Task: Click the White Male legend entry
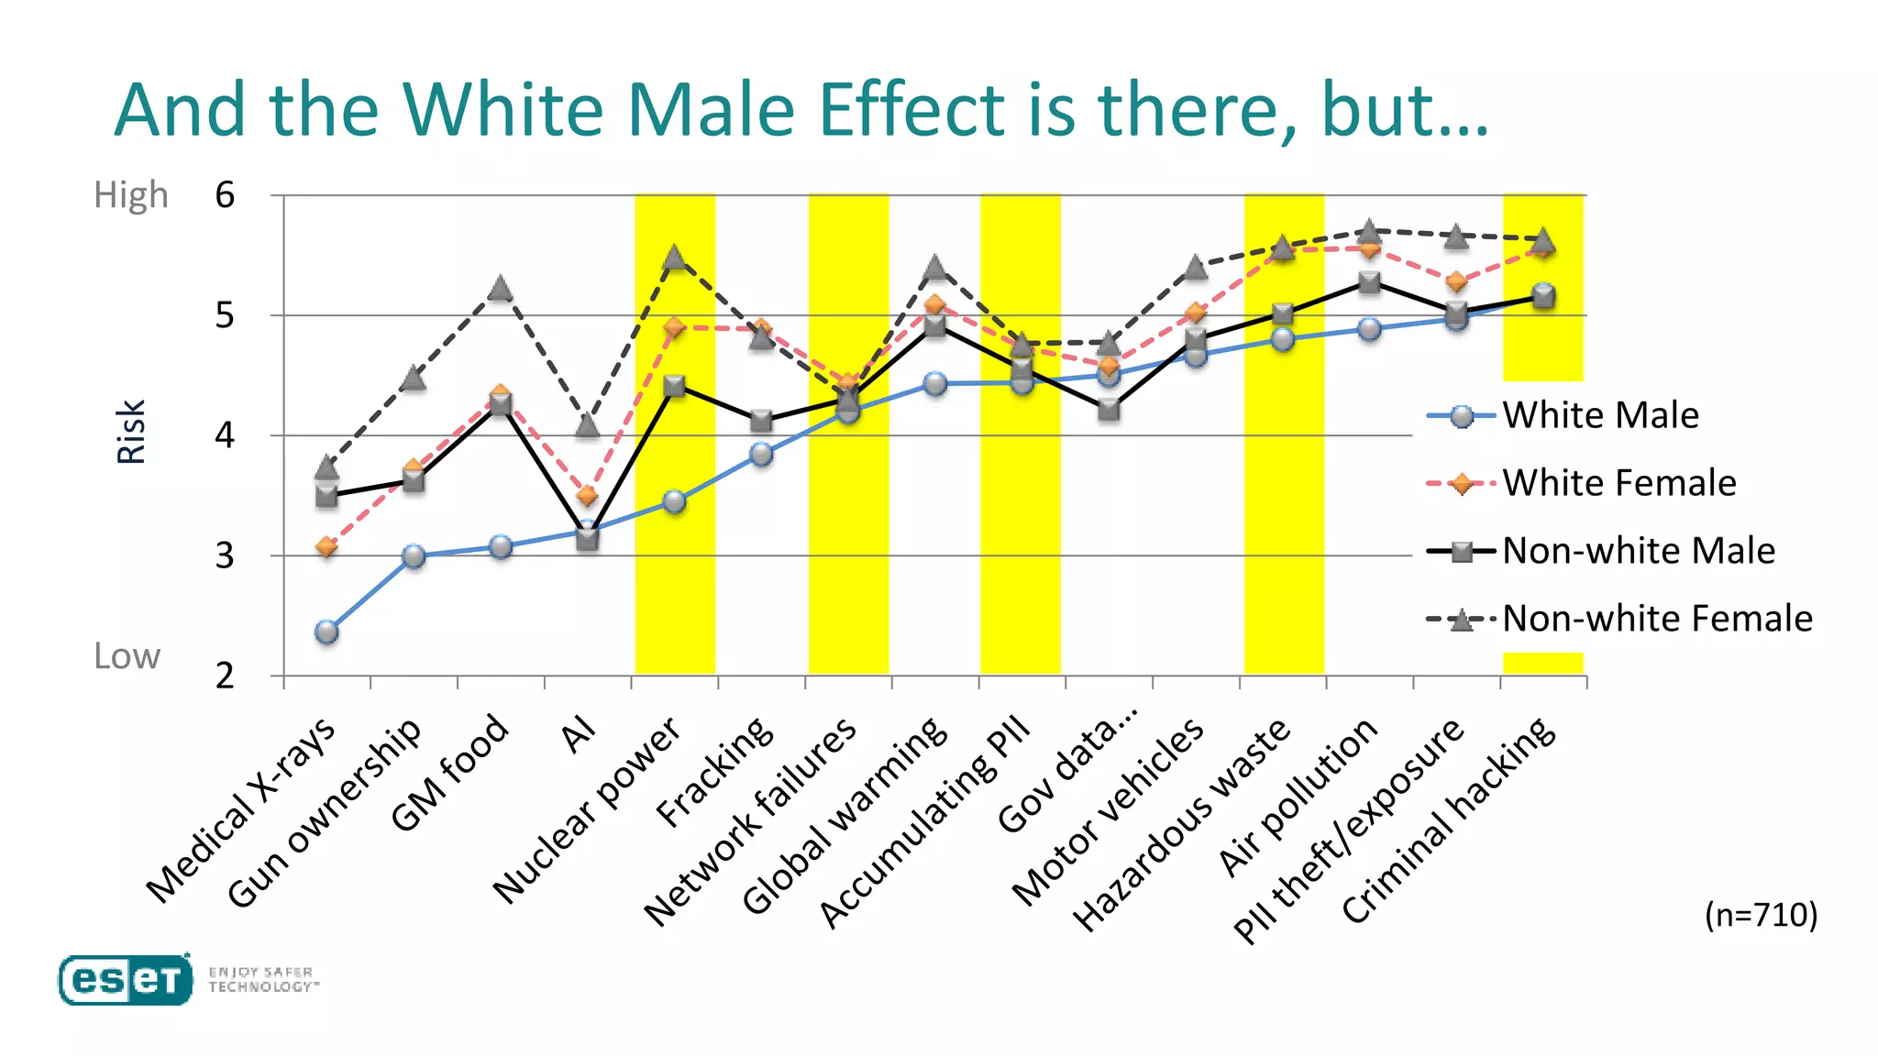point(1599,416)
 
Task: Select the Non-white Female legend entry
point(1656,620)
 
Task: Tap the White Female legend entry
point(1618,484)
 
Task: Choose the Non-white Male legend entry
point(1638,552)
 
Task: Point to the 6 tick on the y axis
point(226,195)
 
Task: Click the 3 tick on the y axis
point(226,555)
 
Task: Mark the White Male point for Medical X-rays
point(326,632)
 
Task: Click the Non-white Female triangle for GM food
point(500,289)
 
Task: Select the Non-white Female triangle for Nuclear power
point(675,258)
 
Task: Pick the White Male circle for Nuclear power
point(675,501)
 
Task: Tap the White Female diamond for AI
point(587,496)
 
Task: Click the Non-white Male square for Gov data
point(1109,409)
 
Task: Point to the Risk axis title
point(131,432)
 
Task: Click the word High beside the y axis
point(131,195)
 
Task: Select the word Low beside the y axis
point(127,656)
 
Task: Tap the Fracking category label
point(715,772)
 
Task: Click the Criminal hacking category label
point(1449,820)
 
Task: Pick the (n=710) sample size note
point(1761,915)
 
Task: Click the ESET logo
point(126,980)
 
